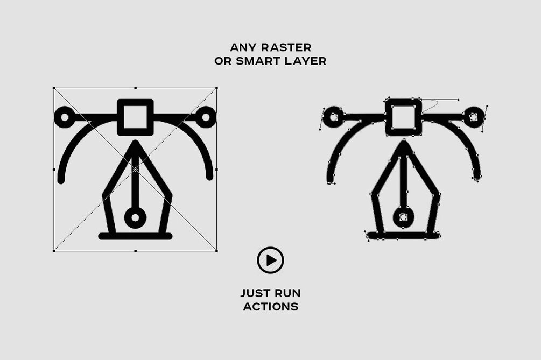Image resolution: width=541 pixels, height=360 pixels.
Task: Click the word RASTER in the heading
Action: pyautogui.click(x=289, y=47)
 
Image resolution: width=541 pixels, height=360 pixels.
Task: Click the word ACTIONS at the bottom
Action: pyautogui.click(x=270, y=307)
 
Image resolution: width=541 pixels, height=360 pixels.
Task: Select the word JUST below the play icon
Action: pyautogui.click(x=253, y=293)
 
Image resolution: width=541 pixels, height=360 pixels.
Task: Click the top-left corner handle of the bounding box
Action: pyautogui.click(x=54, y=88)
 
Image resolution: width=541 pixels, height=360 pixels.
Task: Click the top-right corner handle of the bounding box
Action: pyautogui.click(x=217, y=88)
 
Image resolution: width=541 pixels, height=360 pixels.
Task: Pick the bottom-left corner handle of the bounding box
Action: pyautogui.click(x=54, y=251)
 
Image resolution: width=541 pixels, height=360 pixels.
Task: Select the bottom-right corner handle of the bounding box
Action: pyautogui.click(x=217, y=251)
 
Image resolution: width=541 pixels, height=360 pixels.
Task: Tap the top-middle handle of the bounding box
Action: pyautogui.click(x=135, y=88)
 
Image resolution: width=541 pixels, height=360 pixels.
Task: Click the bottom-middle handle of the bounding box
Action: pyautogui.click(x=135, y=251)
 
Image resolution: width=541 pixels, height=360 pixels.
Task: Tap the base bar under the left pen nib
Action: pyautogui.click(x=135, y=236)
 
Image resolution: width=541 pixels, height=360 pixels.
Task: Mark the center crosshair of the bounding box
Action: pyautogui.click(x=135, y=170)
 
